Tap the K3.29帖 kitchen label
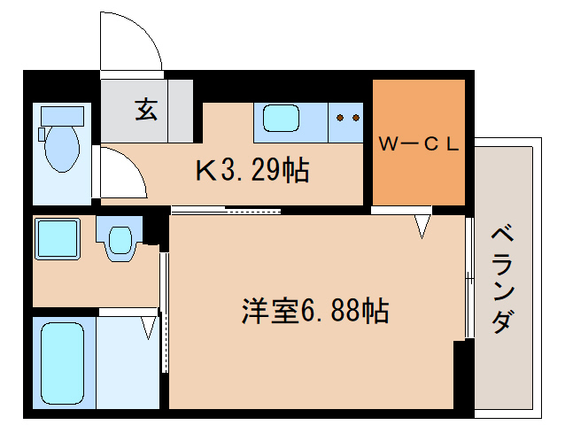click(252, 169)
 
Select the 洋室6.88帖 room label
click(315, 311)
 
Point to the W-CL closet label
click(418, 144)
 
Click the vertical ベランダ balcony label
click(501, 279)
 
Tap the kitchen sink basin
click(282, 119)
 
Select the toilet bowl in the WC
click(63, 147)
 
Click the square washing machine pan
click(58, 239)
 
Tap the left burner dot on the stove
click(341, 116)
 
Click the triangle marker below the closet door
click(422, 229)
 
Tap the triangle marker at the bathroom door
click(148, 328)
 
